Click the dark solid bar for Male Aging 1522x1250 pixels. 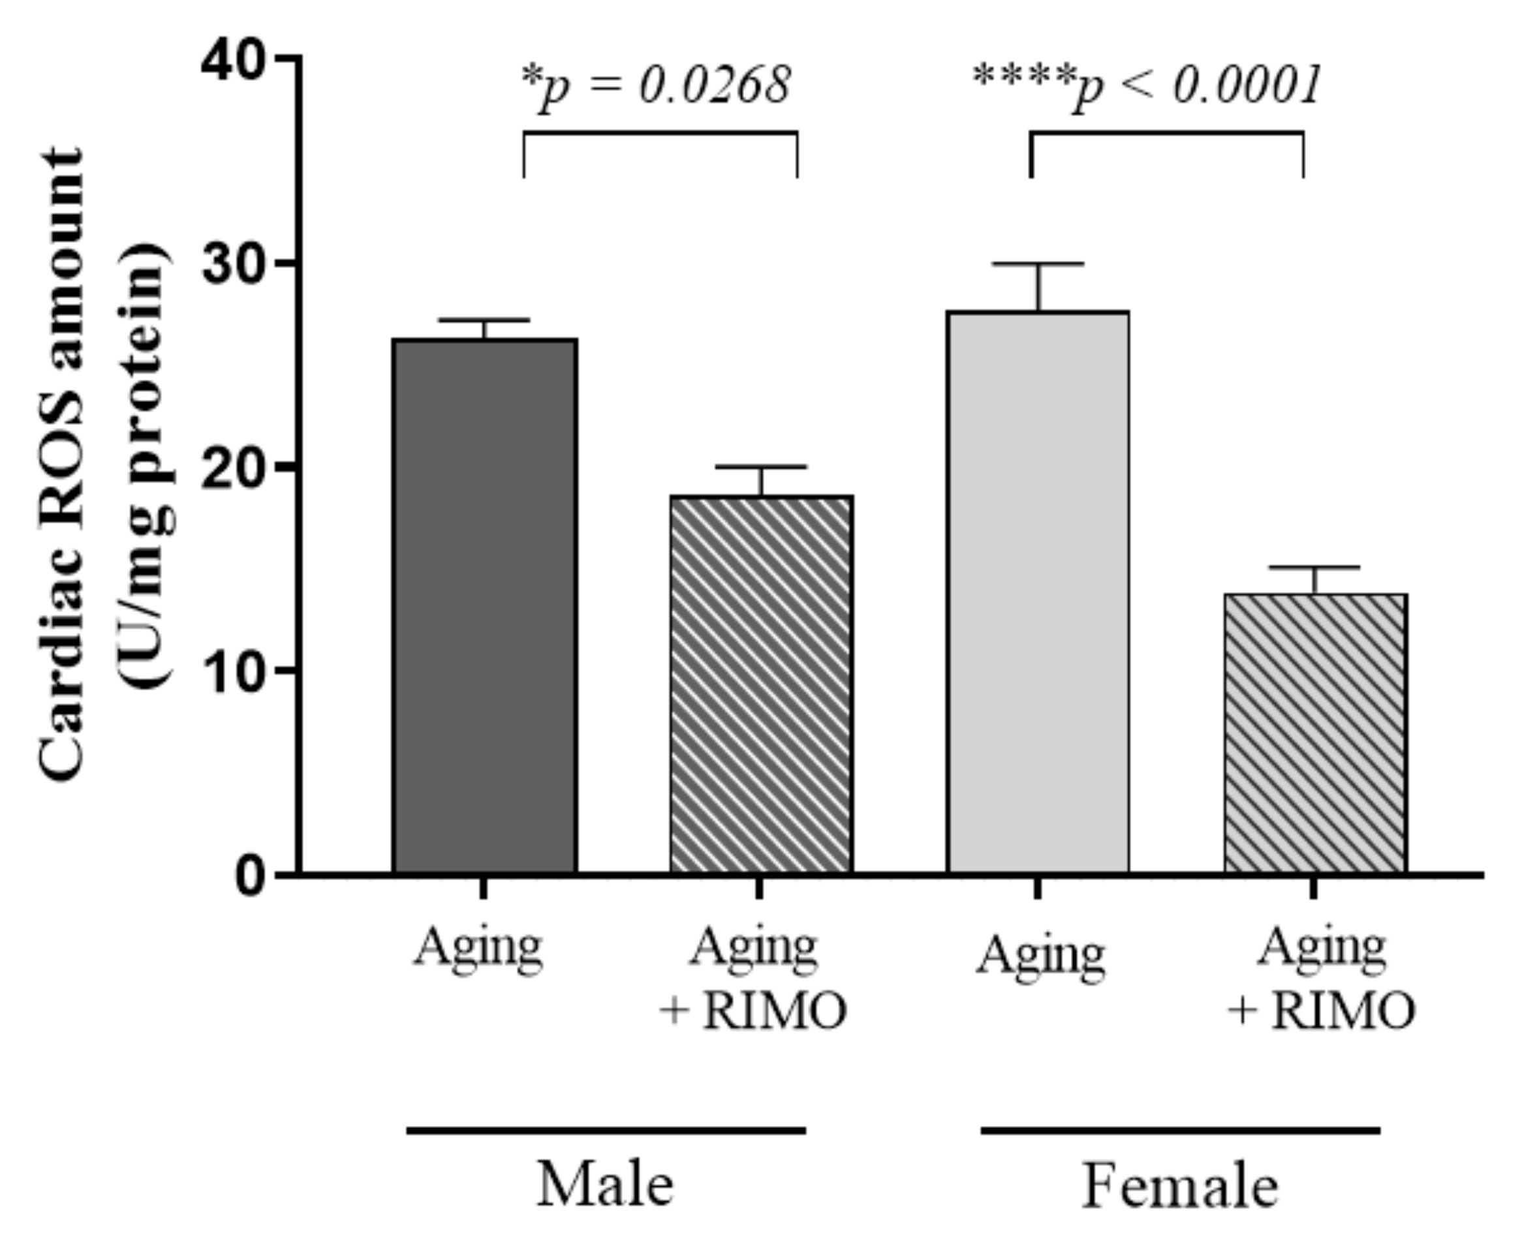(485, 605)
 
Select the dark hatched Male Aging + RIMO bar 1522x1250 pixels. (762, 684)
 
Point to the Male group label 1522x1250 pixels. (605, 1185)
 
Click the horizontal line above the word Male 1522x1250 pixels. (606, 1131)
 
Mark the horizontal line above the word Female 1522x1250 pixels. (1180, 1131)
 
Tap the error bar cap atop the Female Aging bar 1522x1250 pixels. (1038, 264)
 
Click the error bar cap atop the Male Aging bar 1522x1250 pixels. (485, 320)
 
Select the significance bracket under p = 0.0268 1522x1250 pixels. (660, 132)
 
